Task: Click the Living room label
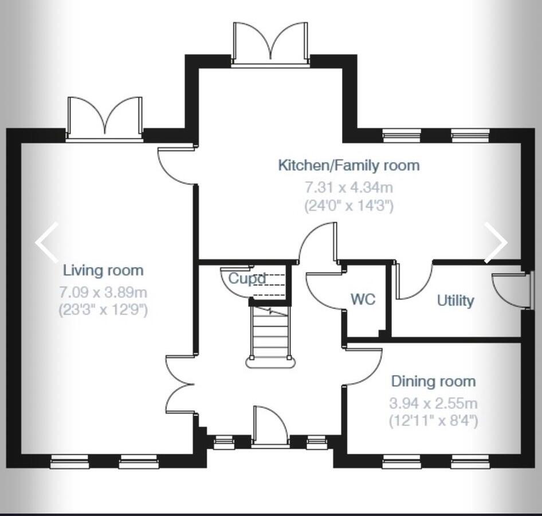point(103,270)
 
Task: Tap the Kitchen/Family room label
point(348,166)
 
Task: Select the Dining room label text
point(433,381)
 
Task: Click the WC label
point(363,299)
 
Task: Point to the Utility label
point(455,300)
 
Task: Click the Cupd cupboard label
point(247,279)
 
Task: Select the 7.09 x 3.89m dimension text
point(103,292)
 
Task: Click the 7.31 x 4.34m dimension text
point(348,187)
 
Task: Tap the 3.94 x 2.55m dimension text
point(433,403)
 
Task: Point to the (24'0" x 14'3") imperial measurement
point(348,206)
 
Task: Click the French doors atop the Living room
point(104,117)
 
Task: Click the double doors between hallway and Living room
point(180,384)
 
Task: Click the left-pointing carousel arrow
point(46,242)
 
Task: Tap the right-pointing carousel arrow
point(496,242)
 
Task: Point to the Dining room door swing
point(364,367)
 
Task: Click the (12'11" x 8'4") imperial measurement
point(433,422)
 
